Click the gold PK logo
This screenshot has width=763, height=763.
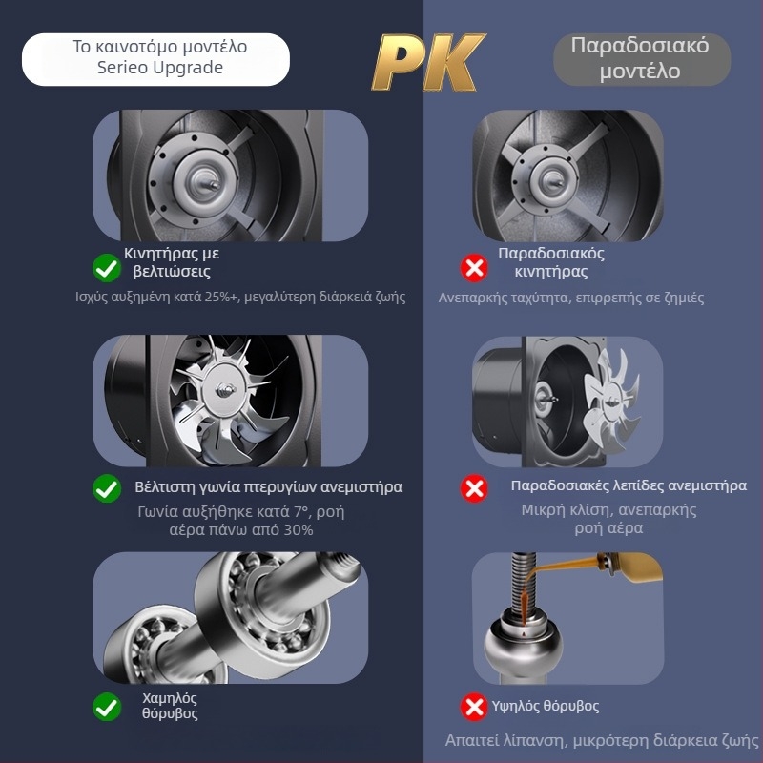point(427,62)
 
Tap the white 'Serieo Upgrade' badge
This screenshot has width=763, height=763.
point(155,58)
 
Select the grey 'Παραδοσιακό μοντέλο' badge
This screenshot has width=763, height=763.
point(640,59)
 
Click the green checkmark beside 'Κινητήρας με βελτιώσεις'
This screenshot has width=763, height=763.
point(106,268)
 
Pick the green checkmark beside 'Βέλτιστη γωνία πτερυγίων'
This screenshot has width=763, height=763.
point(106,488)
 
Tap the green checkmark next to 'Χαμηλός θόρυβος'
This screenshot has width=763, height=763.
point(106,707)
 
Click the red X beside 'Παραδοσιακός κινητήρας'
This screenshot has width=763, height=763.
point(474,268)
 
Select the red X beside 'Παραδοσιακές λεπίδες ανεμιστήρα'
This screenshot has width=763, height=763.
point(474,488)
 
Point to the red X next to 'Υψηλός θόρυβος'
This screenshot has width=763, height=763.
point(474,707)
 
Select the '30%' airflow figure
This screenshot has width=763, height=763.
point(293,529)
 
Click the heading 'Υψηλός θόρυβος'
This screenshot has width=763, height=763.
point(547,707)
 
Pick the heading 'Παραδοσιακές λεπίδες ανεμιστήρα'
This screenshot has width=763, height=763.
point(629,486)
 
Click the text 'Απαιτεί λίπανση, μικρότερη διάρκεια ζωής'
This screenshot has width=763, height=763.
point(602,741)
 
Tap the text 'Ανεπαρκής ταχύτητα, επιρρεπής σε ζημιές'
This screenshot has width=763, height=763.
point(571,298)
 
